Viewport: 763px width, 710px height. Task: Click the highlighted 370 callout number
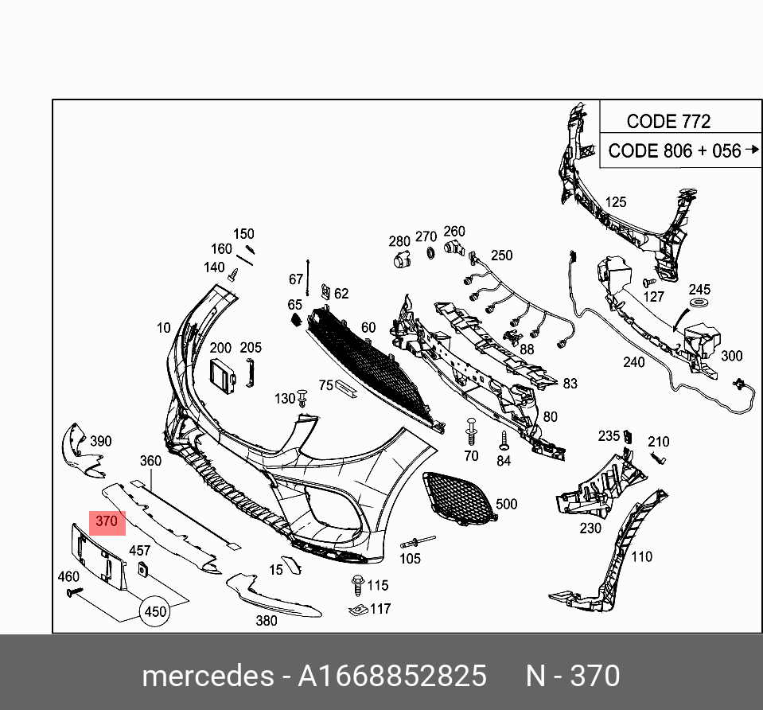[107, 522]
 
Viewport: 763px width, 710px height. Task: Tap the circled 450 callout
[155, 611]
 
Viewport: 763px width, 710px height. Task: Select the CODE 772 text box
[668, 121]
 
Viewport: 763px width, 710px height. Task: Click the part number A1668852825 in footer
[391, 676]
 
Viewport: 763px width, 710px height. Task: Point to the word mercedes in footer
[207, 676]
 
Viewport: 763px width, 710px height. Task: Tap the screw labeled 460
[76, 591]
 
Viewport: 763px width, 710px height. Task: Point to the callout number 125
[615, 202]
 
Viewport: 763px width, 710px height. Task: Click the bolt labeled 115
[357, 585]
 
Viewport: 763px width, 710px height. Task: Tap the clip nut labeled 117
[358, 610]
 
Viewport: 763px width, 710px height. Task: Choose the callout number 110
[641, 556]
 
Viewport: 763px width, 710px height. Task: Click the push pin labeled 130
[302, 397]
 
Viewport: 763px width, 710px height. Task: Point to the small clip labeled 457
[144, 568]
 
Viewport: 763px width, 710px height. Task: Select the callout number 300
[731, 356]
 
